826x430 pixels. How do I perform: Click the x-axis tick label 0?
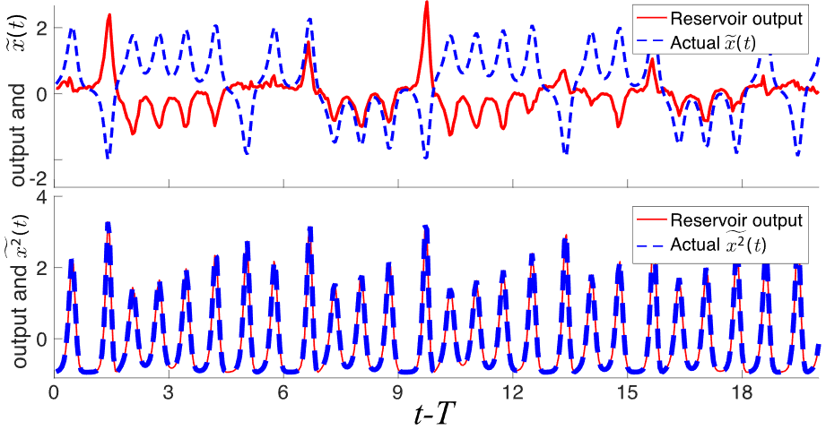(x=55, y=392)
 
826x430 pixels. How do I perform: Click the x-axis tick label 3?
(x=169, y=392)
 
